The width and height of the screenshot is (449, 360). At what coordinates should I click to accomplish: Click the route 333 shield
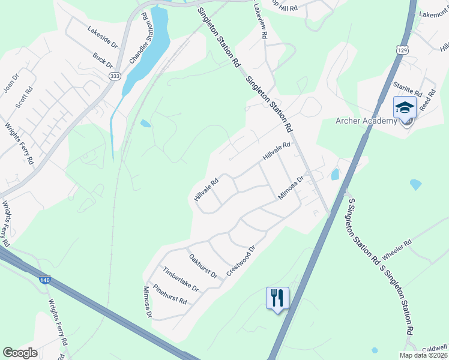(115, 76)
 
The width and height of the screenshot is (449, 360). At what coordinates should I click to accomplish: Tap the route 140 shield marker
(47, 280)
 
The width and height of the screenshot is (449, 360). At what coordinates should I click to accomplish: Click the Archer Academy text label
(366, 121)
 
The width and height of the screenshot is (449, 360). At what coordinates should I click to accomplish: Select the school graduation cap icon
(405, 109)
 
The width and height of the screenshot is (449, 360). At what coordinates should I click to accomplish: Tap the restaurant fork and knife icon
(277, 297)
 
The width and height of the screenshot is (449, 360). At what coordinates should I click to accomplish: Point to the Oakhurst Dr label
(203, 266)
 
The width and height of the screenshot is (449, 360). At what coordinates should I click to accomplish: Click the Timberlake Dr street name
(181, 279)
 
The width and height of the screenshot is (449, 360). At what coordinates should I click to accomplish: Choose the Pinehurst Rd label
(170, 294)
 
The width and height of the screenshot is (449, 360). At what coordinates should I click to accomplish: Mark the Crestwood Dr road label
(241, 260)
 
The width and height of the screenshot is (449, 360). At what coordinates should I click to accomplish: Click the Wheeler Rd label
(396, 250)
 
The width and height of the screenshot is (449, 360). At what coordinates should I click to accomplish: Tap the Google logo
(20, 353)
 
